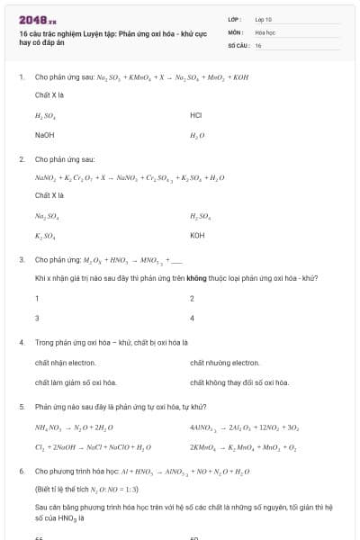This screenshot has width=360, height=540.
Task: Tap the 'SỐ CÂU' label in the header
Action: click(238, 44)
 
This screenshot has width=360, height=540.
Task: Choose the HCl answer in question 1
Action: click(196, 115)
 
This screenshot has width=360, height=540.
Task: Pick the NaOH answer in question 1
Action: click(44, 135)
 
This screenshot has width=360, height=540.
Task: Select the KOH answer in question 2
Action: click(198, 236)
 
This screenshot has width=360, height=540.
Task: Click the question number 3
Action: click(21, 259)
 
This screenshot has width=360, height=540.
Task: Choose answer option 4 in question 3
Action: click(193, 318)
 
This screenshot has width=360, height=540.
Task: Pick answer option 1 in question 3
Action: click(38, 298)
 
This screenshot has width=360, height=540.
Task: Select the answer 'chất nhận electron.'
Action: click(65, 363)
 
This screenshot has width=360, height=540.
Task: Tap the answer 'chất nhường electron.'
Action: click(225, 363)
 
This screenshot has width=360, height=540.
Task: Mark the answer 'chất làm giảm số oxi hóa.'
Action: click(76, 382)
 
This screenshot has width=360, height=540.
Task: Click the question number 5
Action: click(21, 406)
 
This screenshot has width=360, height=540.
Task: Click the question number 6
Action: click(21, 471)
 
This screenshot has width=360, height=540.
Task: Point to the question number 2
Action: click(21, 158)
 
